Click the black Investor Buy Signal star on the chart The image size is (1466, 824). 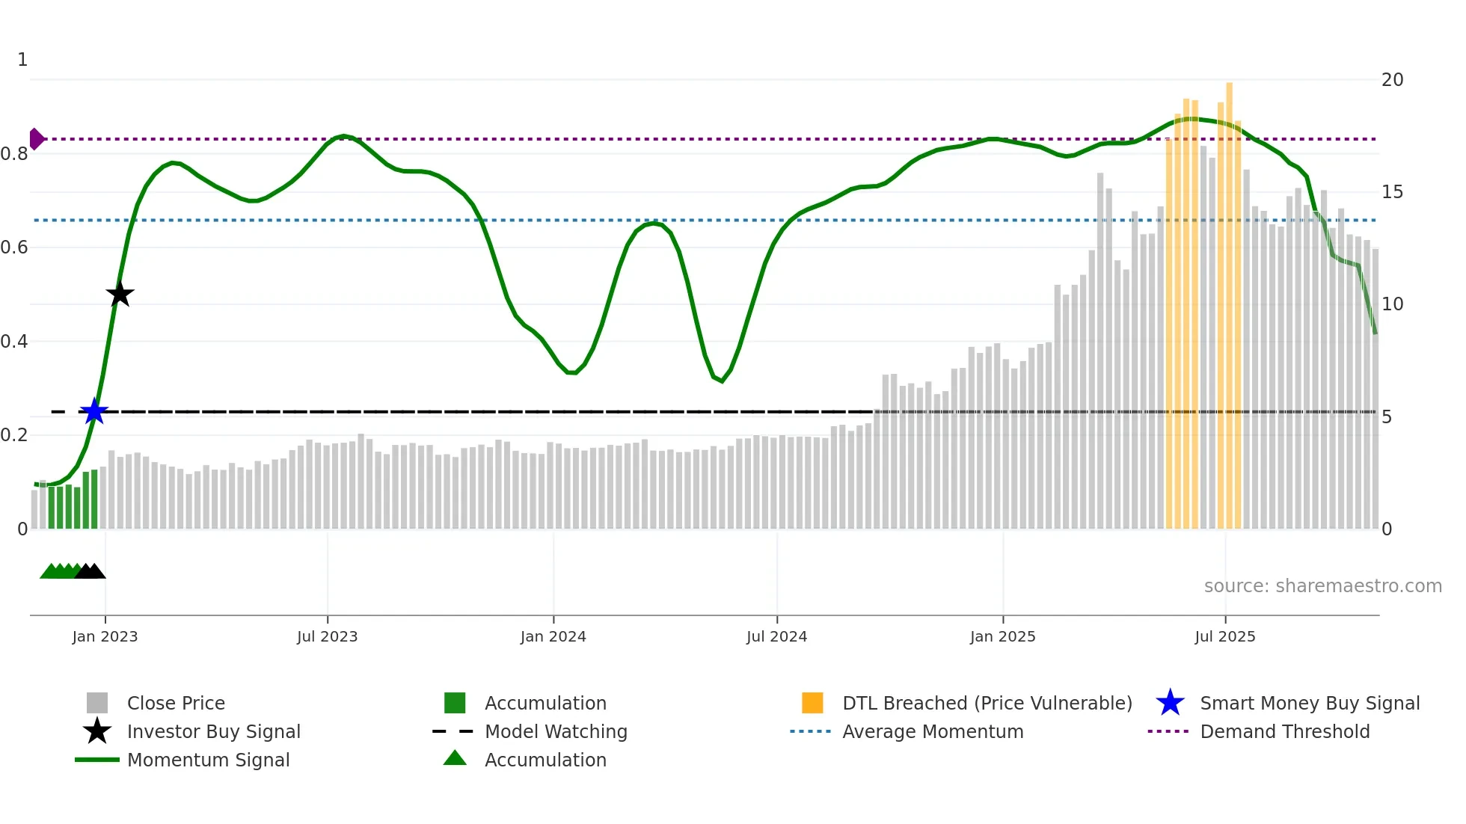coord(120,294)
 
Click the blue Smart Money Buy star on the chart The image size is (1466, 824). coord(94,411)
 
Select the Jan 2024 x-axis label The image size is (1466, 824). coord(553,636)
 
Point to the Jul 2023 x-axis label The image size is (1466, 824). coord(327,636)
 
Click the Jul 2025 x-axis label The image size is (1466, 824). coord(1224,636)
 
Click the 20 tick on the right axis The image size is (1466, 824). coord(1392,79)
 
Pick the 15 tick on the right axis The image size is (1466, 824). coord(1392,192)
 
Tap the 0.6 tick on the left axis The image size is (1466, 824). coord(14,247)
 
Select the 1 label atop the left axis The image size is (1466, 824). coord(22,59)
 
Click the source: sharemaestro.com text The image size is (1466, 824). coord(1322,585)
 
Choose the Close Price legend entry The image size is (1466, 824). coord(176,703)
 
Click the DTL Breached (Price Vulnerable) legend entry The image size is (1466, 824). coord(987,703)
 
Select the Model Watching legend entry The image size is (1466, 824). coord(556,731)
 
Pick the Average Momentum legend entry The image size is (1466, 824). coord(933,731)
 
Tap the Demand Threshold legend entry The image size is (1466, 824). coord(1284,731)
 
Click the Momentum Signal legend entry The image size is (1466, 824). coord(208,760)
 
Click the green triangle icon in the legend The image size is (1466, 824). coord(455,758)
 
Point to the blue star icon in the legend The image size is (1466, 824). coord(1170,703)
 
